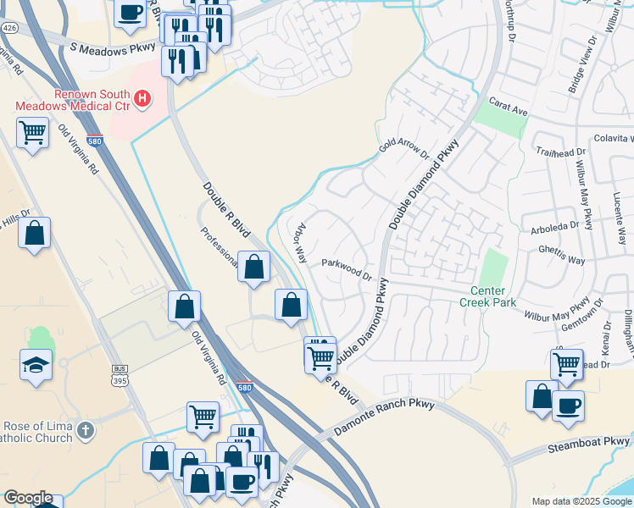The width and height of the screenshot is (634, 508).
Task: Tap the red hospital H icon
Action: click(142, 99)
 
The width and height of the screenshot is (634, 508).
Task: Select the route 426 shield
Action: click(9, 28)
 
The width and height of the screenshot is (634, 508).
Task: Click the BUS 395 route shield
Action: click(120, 373)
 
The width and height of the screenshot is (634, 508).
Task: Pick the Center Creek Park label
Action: click(487, 295)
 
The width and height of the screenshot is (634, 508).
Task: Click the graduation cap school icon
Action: click(36, 366)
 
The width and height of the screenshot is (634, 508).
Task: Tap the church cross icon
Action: click(85, 432)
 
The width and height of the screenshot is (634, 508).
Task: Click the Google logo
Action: click(27, 498)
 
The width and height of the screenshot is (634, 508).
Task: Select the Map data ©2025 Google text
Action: click(581, 501)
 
